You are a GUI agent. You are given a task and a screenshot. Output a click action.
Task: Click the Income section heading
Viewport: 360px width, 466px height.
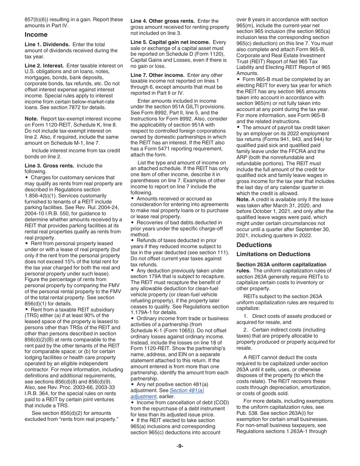tap(36, 34)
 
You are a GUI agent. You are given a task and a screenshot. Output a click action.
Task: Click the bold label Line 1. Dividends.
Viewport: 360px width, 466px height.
tap(47, 44)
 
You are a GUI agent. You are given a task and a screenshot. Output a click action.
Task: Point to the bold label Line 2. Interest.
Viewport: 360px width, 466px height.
tap(44, 66)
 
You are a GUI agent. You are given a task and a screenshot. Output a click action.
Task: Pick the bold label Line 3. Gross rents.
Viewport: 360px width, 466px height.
tap(50, 166)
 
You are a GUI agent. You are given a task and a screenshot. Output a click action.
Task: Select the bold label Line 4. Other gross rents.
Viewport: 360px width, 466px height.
tap(163, 21)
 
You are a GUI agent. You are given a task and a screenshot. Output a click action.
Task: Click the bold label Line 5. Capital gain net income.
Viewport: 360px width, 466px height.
tap(170, 42)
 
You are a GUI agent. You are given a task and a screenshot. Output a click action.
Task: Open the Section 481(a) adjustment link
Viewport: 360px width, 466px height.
tap(186, 390)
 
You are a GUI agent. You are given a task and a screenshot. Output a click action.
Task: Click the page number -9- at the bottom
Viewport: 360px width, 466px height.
tap(180, 446)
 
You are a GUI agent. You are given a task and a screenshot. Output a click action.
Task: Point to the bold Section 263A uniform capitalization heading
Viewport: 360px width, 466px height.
tap(281, 264)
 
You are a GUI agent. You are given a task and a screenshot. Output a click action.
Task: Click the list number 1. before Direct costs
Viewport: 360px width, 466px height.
tap(246, 316)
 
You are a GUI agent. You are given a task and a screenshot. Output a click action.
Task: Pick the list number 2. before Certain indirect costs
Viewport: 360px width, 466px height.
tap(246, 330)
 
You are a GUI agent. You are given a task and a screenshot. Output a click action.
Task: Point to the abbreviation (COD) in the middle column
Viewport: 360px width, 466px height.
tap(217, 402)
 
